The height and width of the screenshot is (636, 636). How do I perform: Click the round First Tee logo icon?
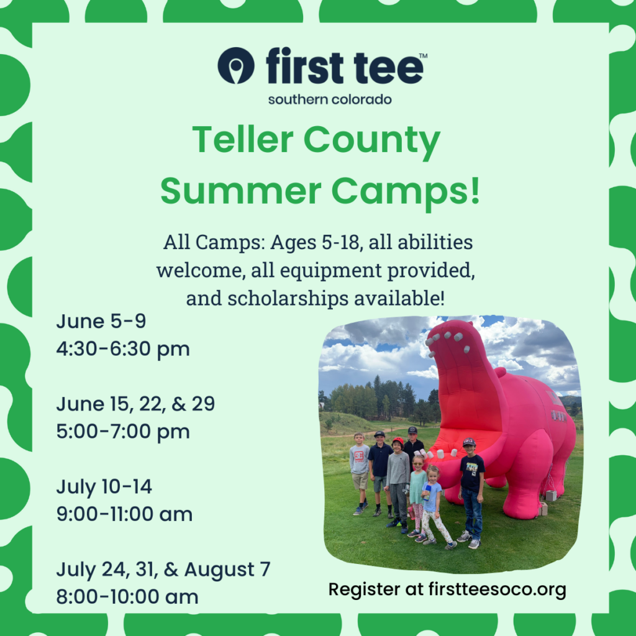(235, 66)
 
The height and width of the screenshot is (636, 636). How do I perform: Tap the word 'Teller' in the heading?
(243, 139)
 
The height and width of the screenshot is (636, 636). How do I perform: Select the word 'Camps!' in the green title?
(406, 192)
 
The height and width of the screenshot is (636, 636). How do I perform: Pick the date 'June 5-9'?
(101, 321)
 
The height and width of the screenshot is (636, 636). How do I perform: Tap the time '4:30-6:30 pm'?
(123, 349)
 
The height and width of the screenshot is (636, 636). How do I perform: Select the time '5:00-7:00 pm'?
(123, 431)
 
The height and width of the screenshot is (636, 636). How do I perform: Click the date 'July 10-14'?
(104, 486)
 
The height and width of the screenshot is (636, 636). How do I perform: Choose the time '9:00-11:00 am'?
(124, 514)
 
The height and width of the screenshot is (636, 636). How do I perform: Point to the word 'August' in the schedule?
(219, 570)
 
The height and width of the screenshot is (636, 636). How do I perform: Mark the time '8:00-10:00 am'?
(127, 597)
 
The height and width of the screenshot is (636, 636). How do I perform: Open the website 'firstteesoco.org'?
(497, 589)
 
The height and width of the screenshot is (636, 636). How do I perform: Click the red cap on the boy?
(398, 441)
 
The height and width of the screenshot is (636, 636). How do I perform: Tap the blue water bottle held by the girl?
(427, 492)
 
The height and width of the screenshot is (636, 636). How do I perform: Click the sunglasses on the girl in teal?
(418, 462)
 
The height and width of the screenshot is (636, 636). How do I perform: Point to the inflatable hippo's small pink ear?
(501, 372)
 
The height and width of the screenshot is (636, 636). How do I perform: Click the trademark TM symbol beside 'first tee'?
(422, 55)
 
